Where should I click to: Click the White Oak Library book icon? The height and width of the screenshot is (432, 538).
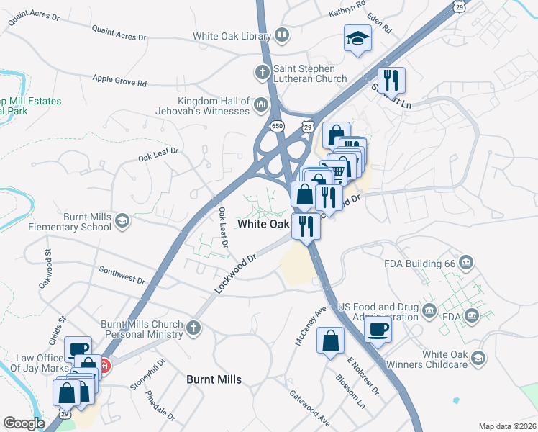pyautogui.click(x=282, y=35)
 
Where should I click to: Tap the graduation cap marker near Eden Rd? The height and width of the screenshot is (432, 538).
pyautogui.click(x=357, y=39)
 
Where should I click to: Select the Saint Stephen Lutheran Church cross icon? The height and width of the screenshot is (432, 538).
pyautogui.click(x=262, y=72)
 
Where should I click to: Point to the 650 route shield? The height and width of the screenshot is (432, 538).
pyautogui.click(x=277, y=126)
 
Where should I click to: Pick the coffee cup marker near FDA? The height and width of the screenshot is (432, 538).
pyautogui.click(x=378, y=330)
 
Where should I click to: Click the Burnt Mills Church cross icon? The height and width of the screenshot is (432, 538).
pyautogui.click(x=192, y=328)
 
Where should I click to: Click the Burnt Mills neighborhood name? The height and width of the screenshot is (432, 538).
pyautogui.click(x=214, y=379)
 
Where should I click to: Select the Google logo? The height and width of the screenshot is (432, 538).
pyautogui.click(x=24, y=423)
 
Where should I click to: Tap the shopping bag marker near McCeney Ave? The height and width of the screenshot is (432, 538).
pyautogui.click(x=330, y=342)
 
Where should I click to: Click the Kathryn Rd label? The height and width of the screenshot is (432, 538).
pyautogui.click(x=347, y=12)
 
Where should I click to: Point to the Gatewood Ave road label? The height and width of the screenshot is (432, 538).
pyautogui.click(x=309, y=408)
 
